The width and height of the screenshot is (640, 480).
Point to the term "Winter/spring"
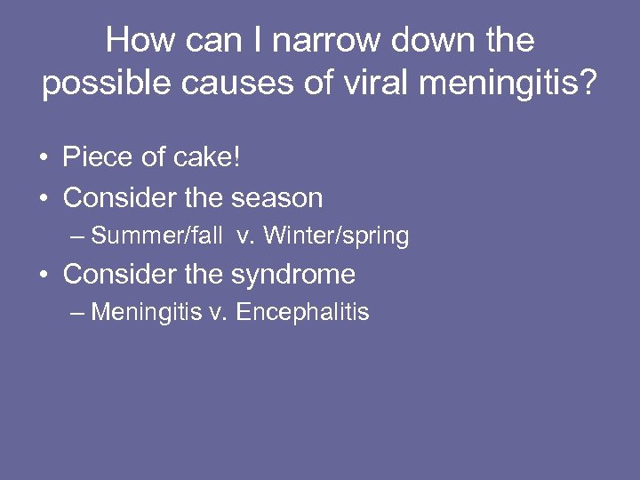tap(336, 236)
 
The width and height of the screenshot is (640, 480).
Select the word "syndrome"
tap(293, 274)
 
